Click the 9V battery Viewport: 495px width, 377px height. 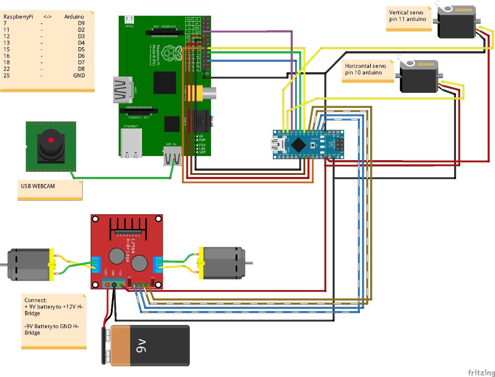pyautogui.click(x=147, y=345)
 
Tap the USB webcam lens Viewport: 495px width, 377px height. pyautogui.click(x=51, y=140)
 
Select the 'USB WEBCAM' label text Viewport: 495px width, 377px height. pyautogui.click(x=38, y=186)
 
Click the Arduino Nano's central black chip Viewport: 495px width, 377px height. pyautogui.click(x=298, y=145)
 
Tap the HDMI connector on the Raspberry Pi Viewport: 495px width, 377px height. pyautogui.click(x=122, y=90)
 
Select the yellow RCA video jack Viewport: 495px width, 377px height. pyautogui.click(x=195, y=93)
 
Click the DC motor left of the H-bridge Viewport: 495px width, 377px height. pyautogui.click(x=30, y=264)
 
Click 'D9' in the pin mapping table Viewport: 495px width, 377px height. pyautogui.click(x=81, y=23)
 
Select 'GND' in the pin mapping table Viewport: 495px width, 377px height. pyautogui.click(x=79, y=75)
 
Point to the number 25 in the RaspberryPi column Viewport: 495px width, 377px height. pyautogui.click(x=7, y=75)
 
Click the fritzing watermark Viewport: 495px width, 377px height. pyautogui.click(x=481, y=372)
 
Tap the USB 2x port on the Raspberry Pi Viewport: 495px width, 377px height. pyautogui.click(x=172, y=157)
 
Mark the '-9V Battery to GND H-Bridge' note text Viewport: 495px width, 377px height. pyautogui.click(x=52, y=330)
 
